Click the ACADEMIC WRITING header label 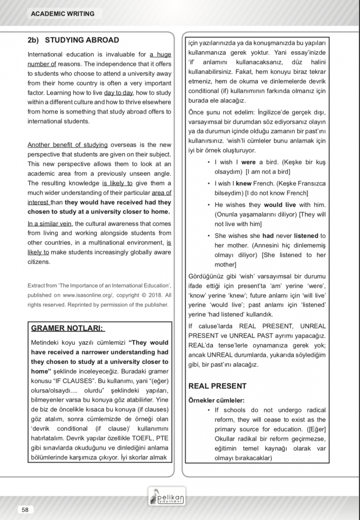(62, 14)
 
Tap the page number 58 (25, 510)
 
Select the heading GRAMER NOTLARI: (68, 329)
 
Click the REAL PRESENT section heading (217, 386)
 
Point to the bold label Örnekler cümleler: (216, 400)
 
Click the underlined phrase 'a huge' (161, 55)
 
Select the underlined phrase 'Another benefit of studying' (67, 145)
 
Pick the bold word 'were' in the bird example (248, 162)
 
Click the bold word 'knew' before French (243, 183)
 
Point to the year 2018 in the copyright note (154, 295)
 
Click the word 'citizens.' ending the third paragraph (41, 261)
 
